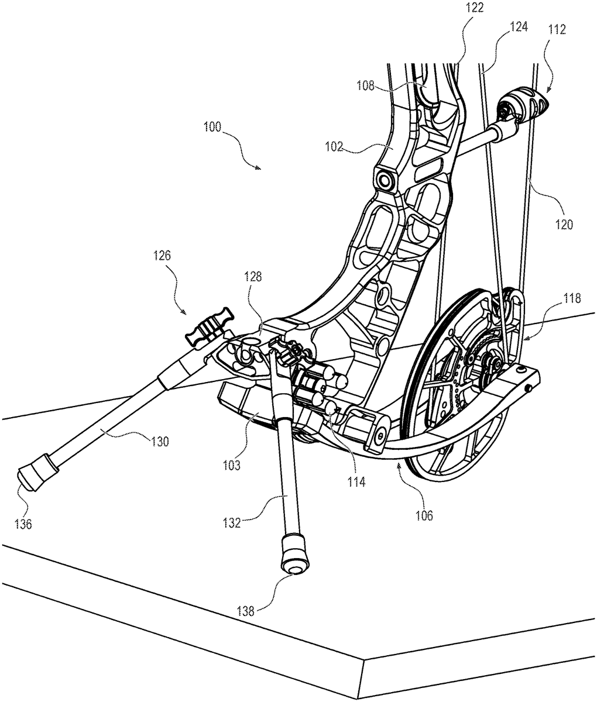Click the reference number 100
212,127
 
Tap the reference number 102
335,147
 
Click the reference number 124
519,26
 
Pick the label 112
557,30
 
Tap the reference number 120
564,225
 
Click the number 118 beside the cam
571,298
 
